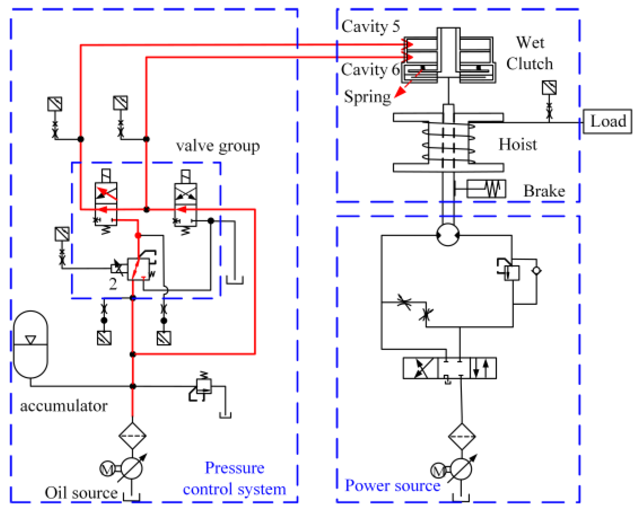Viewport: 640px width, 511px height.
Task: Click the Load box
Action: point(607,121)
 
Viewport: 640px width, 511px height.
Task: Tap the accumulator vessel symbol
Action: point(30,344)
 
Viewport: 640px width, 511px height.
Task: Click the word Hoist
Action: point(518,145)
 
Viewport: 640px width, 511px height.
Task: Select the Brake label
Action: point(544,191)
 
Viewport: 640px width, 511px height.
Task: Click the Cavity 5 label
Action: point(371,26)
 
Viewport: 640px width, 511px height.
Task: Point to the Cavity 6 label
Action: point(370,70)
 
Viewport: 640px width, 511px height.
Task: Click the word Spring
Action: point(367,97)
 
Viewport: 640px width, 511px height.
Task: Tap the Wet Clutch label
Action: point(530,53)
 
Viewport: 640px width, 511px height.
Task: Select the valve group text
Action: point(218,146)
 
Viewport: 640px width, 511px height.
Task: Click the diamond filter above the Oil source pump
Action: point(132,436)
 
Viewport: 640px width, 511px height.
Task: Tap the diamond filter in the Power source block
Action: point(462,436)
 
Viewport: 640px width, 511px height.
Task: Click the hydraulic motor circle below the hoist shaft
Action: point(448,235)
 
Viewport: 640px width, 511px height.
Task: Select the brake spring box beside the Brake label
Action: point(486,188)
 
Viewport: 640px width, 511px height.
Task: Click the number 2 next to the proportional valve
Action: point(113,284)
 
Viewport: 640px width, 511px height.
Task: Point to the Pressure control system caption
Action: point(235,478)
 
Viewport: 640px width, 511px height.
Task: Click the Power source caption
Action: point(393,485)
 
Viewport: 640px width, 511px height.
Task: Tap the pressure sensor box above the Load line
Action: point(549,87)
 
